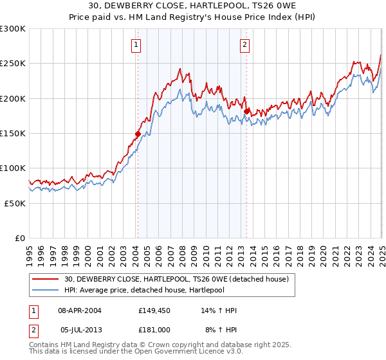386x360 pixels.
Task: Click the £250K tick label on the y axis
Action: (x=13, y=64)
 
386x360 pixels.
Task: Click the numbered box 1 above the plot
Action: (x=137, y=45)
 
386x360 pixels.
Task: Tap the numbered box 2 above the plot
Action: (x=246, y=45)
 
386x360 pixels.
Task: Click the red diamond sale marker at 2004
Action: (x=138, y=134)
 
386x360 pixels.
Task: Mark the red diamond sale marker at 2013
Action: (x=247, y=111)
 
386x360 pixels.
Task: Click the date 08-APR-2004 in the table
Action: (x=80, y=310)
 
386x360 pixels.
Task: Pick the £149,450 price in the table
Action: (x=154, y=310)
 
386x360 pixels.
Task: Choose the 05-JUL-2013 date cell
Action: (x=80, y=328)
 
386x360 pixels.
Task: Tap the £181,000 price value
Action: (x=154, y=328)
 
